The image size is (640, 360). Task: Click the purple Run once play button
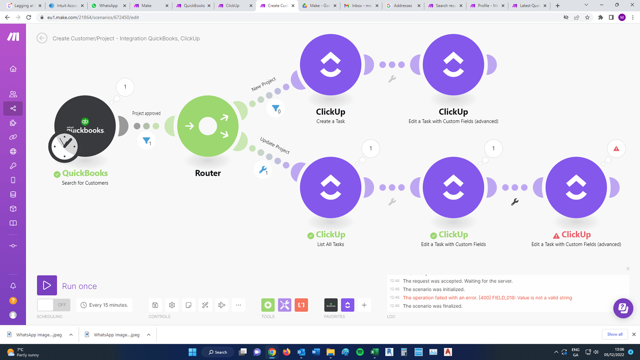click(x=47, y=285)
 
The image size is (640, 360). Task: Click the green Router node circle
click(x=208, y=126)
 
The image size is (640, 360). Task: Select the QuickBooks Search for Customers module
click(x=85, y=126)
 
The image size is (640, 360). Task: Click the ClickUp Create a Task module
click(x=330, y=65)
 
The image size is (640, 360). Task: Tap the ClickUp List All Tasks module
click(x=330, y=187)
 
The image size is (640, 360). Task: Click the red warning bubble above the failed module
click(x=616, y=149)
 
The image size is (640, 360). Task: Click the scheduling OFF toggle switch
click(x=53, y=305)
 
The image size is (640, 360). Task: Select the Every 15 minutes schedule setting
click(x=104, y=305)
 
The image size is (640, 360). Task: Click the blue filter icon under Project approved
click(x=147, y=140)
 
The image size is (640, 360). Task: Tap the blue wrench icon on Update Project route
click(x=262, y=170)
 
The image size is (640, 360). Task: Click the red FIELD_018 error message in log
click(x=487, y=298)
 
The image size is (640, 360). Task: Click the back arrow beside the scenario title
click(x=42, y=38)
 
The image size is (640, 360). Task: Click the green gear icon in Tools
click(x=268, y=305)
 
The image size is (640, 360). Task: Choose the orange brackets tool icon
click(x=301, y=305)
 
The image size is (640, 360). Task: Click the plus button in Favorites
click(x=364, y=305)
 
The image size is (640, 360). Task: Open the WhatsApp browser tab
click(x=108, y=6)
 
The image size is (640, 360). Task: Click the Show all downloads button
click(x=614, y=334)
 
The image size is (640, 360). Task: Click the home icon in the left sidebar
click(x=13, y=69)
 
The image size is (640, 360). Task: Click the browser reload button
click(x=29, y=18)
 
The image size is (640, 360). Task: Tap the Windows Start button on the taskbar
click(x=192, y=352)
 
